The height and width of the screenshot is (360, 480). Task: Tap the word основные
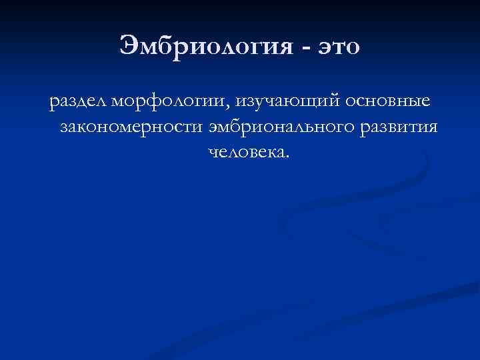(x=388, y=102)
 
